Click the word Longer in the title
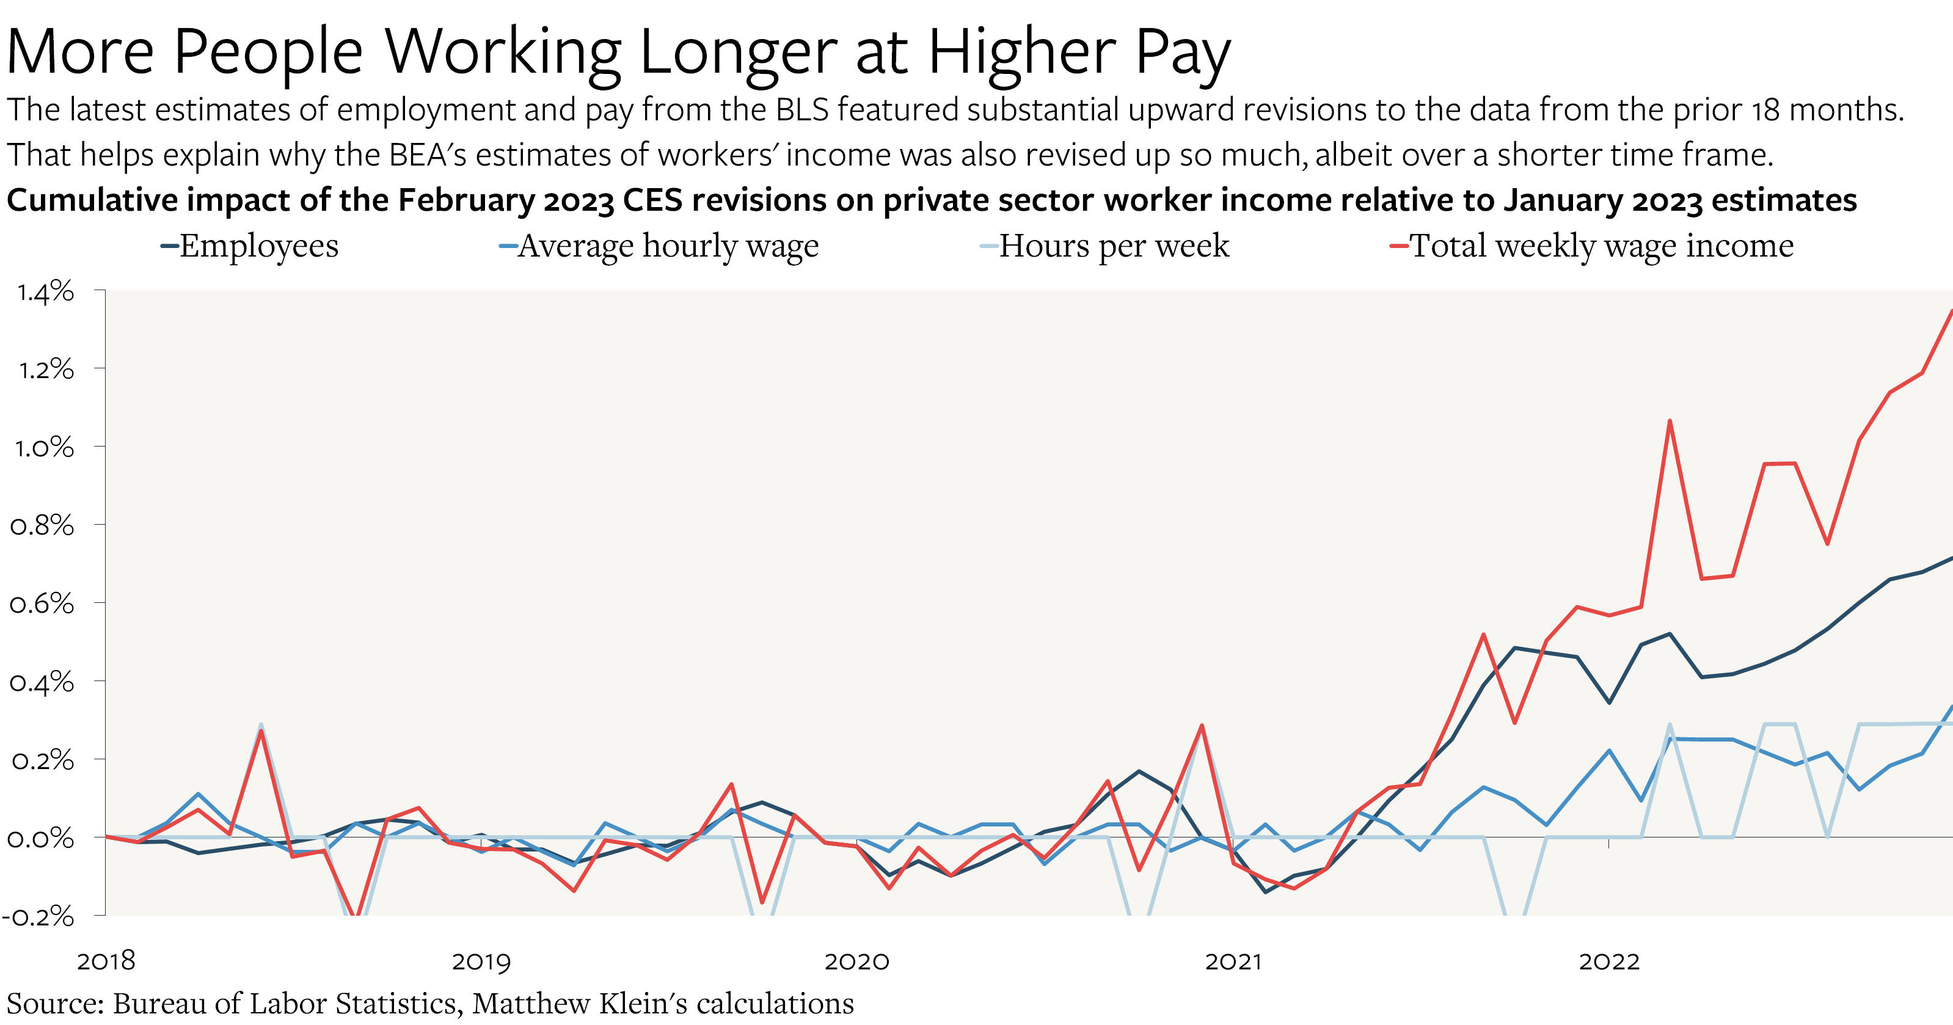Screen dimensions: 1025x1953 [738, 53]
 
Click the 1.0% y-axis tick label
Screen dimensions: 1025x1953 [44, 447]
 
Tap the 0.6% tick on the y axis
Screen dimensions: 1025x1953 [42, 604]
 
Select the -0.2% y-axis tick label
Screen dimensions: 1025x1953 [38, 917]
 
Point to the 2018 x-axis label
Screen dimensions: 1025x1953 [106, 961]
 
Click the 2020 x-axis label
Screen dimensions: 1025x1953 [856, 961]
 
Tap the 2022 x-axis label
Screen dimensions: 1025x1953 [1609, 961]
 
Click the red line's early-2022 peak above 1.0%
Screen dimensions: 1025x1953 [1670, 421]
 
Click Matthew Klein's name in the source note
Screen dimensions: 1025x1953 [579, 1004]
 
